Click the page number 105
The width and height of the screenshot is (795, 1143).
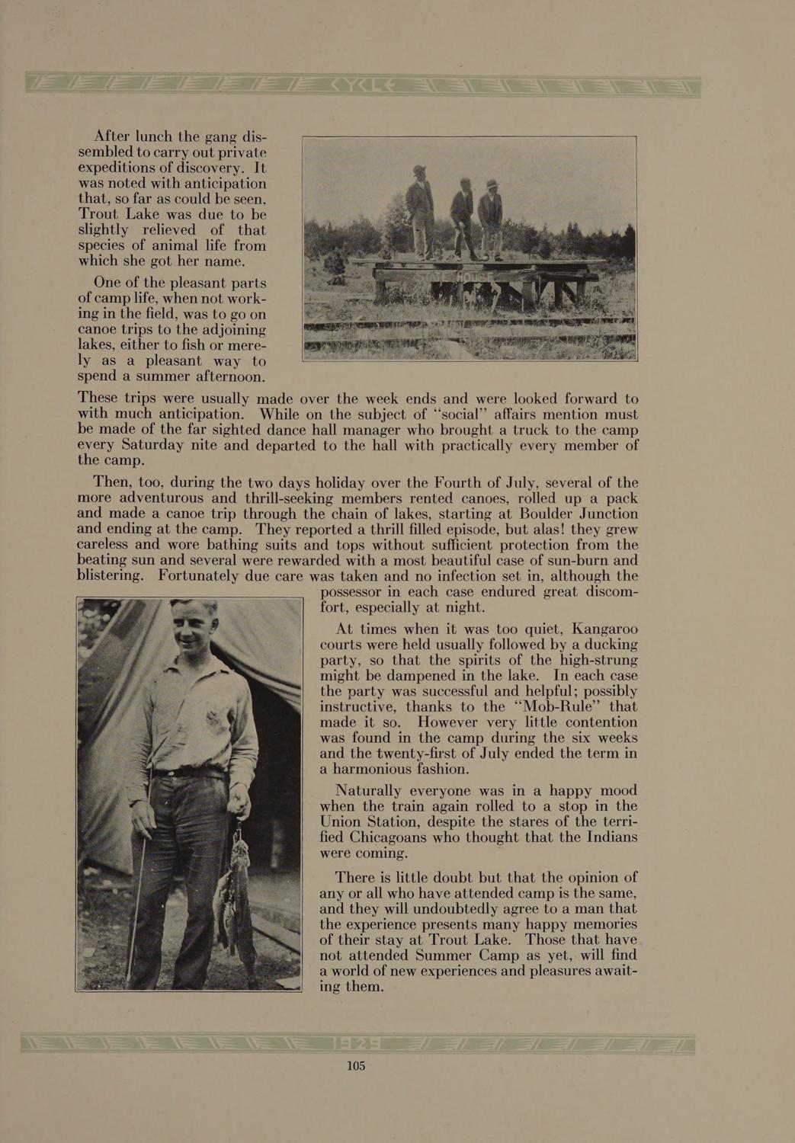tap(356, 1066)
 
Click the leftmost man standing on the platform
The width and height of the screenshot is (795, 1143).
tap(420, 210)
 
